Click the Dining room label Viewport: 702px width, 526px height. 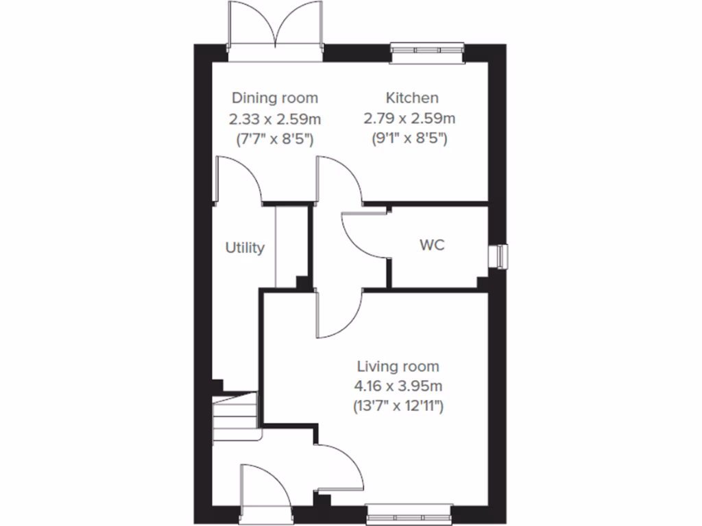pyautogui.click(x=274, y=98)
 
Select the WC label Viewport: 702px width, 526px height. pyautogui.click(x=431, y=245)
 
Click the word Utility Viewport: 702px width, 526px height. pyautogui.click(x=245, y=248)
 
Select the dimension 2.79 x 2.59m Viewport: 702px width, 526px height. pyautogui.click(x=410, y=118)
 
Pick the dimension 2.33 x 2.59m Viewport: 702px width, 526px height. pyautogui.click(x=274, y=118)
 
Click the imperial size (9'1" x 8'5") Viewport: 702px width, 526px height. pyautogui.click(x=410, y=139)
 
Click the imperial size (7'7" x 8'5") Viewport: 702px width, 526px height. pyautogui.click(x=274, y=139)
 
